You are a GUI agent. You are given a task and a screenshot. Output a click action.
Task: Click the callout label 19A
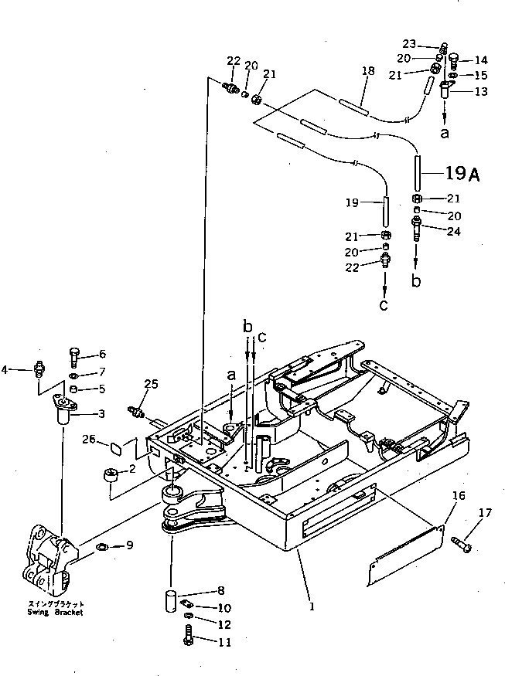click(x=463, y=175)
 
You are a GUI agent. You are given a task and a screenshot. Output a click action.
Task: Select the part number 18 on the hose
click(x=369, y=71)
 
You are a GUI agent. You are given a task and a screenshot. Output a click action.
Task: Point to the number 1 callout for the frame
click(x=312, y=607)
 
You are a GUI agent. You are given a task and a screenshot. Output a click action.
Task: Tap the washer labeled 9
click(x=102, y=548)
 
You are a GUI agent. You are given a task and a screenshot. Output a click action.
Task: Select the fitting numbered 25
click(x=138, y=411)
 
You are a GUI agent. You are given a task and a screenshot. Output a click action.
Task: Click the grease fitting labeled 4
click(x=39, y=369)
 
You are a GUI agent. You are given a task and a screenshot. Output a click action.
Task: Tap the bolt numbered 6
click(x=74, y=356)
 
